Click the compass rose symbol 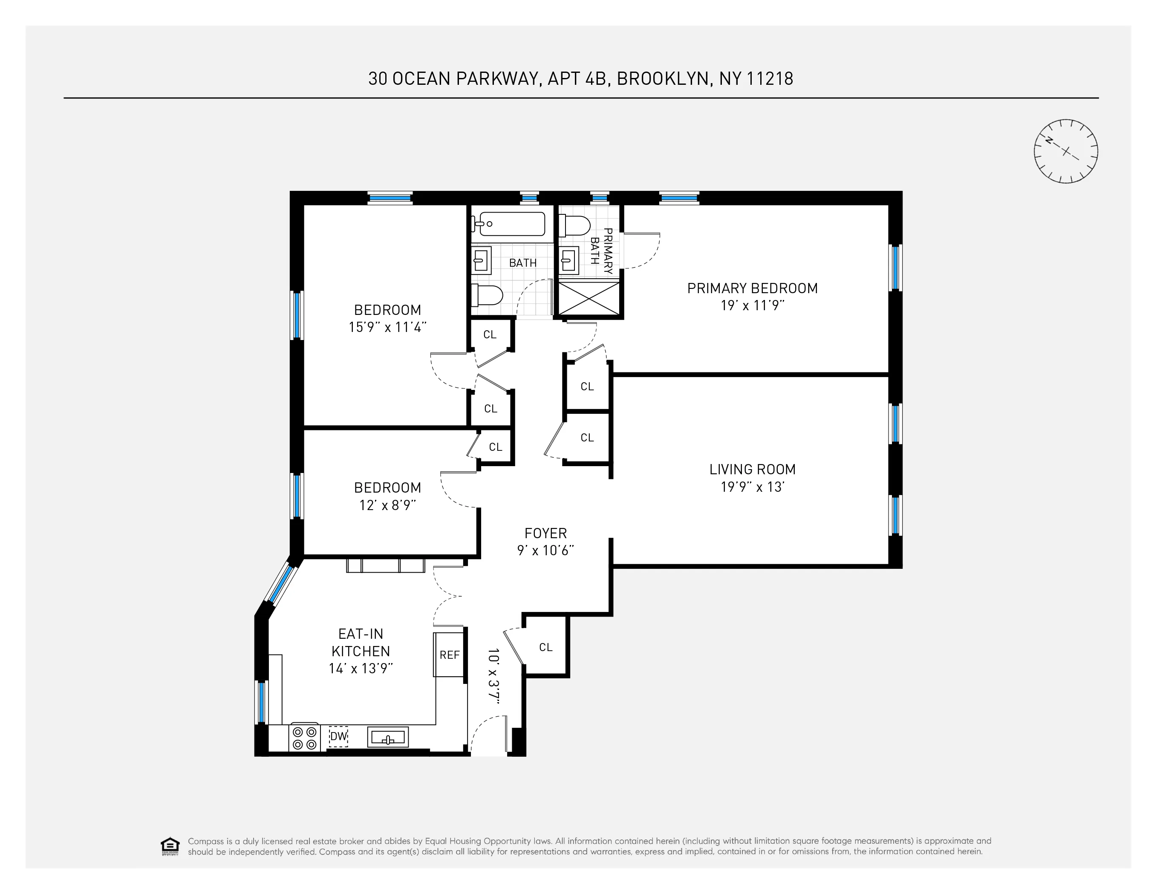pos(1065,151)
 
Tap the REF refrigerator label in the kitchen pos(449,655)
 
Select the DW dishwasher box pos(338,736)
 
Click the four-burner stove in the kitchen pos(305,738)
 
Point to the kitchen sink pos(388,737)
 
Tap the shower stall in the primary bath pos(589,299)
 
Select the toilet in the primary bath pos(575,225)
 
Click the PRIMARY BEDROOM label pos(752,288)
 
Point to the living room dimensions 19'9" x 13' pos(752,487)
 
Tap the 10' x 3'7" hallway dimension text pos(494,676)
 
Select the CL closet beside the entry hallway pos(545,647)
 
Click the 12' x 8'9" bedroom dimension pos(387,505)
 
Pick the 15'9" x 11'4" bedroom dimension pos(387,327)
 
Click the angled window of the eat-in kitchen pos(280,584)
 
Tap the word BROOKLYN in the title pos(663,78)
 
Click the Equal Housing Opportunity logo pos(170,846)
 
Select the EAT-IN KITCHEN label pos(361,643)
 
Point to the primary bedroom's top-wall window pos(679,198)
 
